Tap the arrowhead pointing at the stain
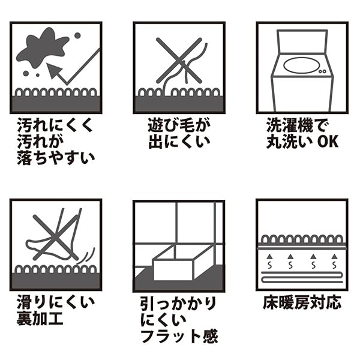(54, 71)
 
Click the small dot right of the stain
(77, 35)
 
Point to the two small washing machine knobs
(323, 71)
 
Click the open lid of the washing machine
(302, 42)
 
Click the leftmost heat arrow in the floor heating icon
(269, 261)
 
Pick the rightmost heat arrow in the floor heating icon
(334, 261)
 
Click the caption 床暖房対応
(302, 303)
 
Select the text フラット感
(179, 335)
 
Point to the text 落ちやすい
(56, 158)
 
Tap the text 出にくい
(179, 142)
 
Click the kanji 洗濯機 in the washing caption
(290, 125)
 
